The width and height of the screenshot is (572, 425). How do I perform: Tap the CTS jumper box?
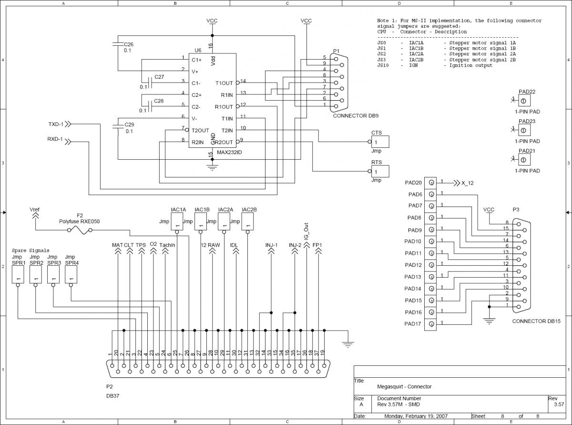coord(380,142)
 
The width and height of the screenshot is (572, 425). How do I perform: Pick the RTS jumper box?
coord(380,172)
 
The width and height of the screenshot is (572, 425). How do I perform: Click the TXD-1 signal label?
coord(56,124)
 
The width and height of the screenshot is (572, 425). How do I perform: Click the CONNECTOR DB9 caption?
coord(356,116)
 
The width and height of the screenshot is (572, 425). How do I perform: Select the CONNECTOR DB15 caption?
coord(536,321)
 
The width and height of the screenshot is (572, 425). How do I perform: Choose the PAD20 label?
coord(413,183)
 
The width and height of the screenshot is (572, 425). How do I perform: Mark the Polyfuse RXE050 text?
coord(80,221)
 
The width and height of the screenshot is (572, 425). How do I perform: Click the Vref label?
coord(35,209)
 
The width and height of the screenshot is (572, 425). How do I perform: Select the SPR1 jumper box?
coord(18,274)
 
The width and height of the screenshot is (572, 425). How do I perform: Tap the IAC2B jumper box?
coord(248,222)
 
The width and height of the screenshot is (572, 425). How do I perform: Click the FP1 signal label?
coord(317,245)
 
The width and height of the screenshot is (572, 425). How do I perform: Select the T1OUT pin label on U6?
coord(224,83)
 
